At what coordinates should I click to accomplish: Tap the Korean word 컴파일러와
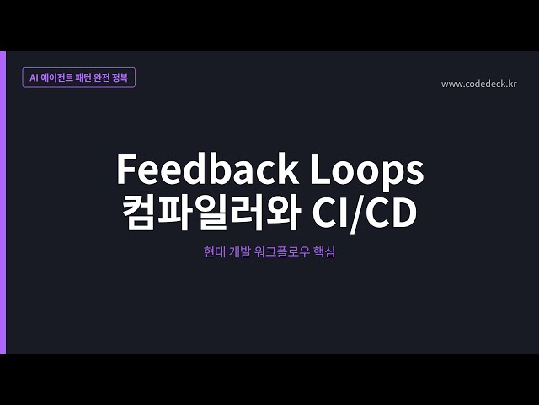[207, 213]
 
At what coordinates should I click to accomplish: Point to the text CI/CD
[364, 213]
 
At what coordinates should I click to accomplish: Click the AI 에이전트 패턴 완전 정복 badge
[79, 77]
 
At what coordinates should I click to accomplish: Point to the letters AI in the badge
[34, 77]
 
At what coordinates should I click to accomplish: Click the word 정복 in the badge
[120, 77]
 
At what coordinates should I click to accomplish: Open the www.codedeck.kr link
[478, 84]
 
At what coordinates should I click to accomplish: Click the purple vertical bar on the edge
[3, 202]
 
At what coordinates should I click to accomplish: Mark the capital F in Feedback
[125, 170]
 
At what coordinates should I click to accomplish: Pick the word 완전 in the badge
[103, 77]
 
